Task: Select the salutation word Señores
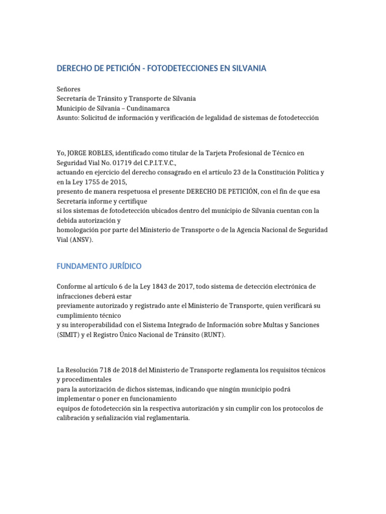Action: [68, 89]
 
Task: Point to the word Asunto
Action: [68, 117]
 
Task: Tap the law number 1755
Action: [91, 182]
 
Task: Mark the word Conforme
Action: [73, 287]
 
